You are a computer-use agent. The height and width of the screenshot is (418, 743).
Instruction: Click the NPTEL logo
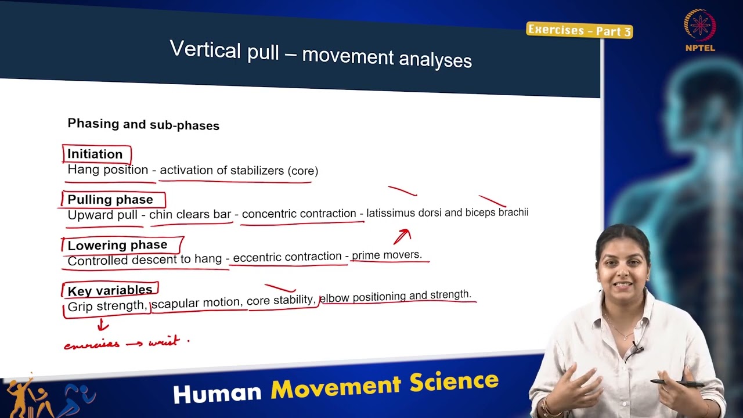(x=700, y=30)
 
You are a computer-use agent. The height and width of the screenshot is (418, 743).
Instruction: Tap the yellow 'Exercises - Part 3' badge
(x=579, y=30)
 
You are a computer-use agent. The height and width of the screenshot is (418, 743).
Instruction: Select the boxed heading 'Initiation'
(x=95, y=154)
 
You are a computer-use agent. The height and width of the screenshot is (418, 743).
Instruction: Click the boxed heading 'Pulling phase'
(x=110, y=200)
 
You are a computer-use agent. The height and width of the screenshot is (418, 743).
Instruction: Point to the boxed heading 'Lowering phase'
(x=117, y=245)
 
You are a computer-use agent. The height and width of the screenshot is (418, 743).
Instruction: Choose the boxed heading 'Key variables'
(x=110, y=290)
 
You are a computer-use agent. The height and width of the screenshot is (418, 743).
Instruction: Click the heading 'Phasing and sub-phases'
(x=143, y=124)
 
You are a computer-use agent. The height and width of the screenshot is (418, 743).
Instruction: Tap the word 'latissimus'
(x=391, y=213)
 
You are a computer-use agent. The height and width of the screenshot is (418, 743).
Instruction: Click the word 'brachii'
(x=513, y=212)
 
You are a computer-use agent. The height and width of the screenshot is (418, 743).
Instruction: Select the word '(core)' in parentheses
(x=302, y=171)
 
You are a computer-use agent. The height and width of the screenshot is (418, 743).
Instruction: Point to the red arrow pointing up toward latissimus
(x=402, y=236)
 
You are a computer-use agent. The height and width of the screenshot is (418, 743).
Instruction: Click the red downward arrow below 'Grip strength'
(x=103, y=325)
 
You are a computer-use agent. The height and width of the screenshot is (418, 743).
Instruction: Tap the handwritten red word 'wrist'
(x=164, y=342)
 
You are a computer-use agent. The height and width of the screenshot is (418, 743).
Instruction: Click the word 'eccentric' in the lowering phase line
(x=257, y=257)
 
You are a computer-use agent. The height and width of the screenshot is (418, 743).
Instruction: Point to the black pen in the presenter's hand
(x=677, y=383)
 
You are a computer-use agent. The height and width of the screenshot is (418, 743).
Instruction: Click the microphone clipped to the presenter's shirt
(x=637, y=349)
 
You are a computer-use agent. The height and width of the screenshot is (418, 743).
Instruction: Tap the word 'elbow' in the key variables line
(x=334, y=297)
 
